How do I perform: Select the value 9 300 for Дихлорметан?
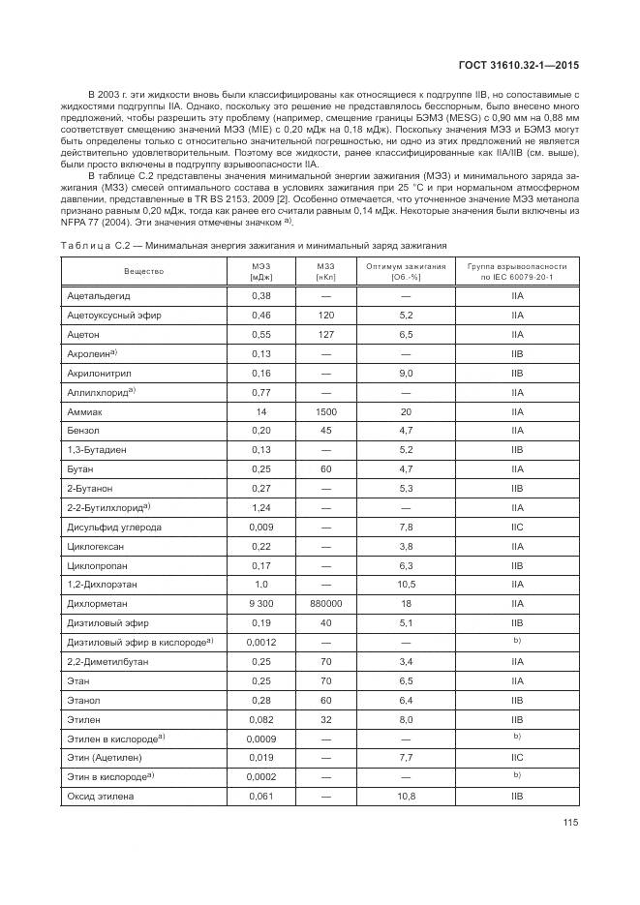click(261, 603)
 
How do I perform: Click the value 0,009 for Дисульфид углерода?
click(261, 527)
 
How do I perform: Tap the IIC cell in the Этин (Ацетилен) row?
click(517, 757)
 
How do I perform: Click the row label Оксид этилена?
click(101, 796)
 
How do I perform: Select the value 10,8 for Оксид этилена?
click(406, 796)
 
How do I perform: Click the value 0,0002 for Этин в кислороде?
click(261, 776)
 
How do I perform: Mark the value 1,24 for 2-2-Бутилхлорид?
click(261, 507)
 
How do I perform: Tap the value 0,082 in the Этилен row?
click(261, 718)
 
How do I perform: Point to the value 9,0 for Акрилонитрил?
click(406, 373)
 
